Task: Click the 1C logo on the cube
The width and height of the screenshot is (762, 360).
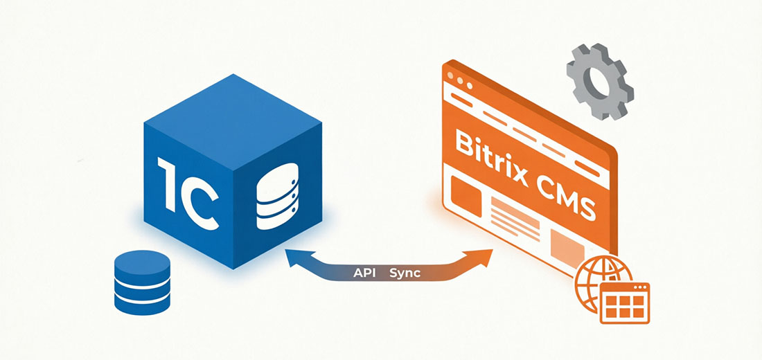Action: pyautogui.click(x=188, y=191)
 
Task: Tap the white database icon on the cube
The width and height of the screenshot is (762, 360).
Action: pyautogui.click(x=276, y=197)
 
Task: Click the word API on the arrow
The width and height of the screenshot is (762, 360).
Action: pyautogui.click(x=364, y=273)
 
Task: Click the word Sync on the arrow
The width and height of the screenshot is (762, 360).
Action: pyautogui.click(x=405, y=273)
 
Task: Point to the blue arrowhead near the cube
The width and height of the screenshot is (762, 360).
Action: pyautogui.click(x=297, y=258)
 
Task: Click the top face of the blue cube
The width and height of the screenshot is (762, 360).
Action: pyautogui.click(x=233, y=122)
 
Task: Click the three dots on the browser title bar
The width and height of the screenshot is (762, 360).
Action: pyautogui.click(x=459, y=81)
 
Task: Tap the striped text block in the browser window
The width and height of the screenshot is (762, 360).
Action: pyautogui.click(x=515, y=219)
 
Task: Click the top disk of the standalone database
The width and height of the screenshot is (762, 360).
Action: pyautogui.click(x=143, y=262)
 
